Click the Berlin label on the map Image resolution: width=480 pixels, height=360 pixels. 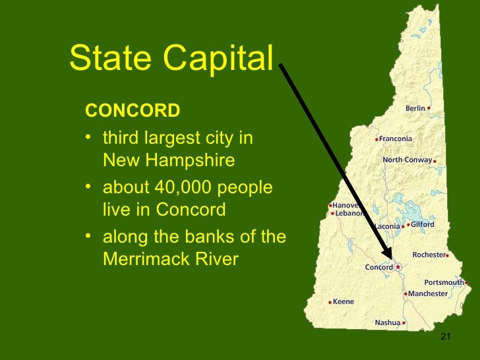point(415,108)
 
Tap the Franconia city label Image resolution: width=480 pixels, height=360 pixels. point(396,139)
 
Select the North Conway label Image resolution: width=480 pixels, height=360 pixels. point(407,160)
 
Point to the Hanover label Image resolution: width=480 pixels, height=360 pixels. point(344,205)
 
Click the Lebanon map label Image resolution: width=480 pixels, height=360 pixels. point(349,214)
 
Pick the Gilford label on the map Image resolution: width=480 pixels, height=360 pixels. point(422,224)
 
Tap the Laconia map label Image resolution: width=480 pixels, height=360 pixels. point(387,226)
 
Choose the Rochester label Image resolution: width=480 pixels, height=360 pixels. point(429,255)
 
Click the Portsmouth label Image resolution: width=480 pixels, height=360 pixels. point(444,282)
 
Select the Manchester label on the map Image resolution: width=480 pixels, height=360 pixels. point(428,293)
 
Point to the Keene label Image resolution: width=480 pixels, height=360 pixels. point(344,302)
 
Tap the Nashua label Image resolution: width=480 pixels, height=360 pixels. point(387,322)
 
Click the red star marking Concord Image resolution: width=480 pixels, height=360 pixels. point(398,267)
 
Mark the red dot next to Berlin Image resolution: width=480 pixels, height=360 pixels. point(429,107)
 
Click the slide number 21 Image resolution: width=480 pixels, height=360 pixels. point(444,338)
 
